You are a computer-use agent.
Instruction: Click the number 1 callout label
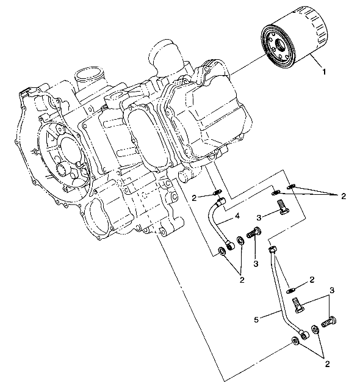coord(324,71)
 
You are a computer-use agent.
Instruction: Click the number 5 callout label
coord(256,318)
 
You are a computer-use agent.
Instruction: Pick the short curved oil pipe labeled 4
coord(217,222)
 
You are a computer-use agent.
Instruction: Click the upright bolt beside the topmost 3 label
coord(282,208)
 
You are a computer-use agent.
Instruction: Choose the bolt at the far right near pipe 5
coord(329,319)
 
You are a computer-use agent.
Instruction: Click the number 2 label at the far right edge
coord(344,196)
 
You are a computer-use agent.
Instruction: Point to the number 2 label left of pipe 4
coord(193,197)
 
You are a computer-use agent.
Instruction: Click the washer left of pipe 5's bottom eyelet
coord(295,341)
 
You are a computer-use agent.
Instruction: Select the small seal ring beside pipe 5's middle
coord(292,289)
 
